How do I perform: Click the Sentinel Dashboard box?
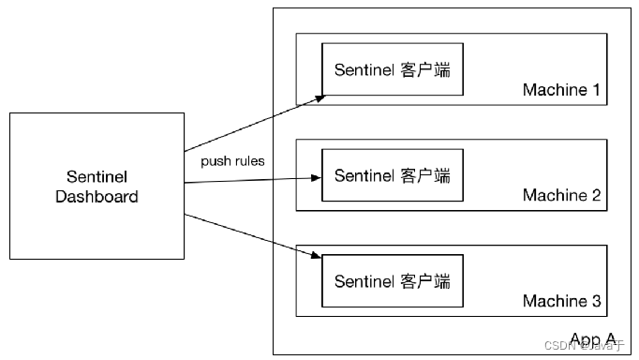97,186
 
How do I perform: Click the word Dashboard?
97,197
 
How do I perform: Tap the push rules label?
232,160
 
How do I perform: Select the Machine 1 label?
560,90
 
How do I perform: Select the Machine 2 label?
560,195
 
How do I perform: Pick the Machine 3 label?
560,301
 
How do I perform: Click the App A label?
592,338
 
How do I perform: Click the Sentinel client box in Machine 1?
393,69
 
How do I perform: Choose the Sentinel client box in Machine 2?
393,175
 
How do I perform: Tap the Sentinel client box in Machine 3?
393,281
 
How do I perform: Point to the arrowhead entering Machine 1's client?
319,97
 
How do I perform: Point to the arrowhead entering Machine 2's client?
317,176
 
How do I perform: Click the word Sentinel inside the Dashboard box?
97,177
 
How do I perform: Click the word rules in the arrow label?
248,160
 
